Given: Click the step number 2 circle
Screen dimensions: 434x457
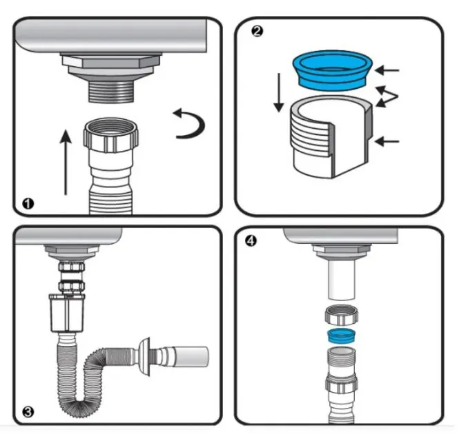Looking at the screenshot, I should [256, 32].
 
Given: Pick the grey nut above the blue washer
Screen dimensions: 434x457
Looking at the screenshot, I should [340, 318].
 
